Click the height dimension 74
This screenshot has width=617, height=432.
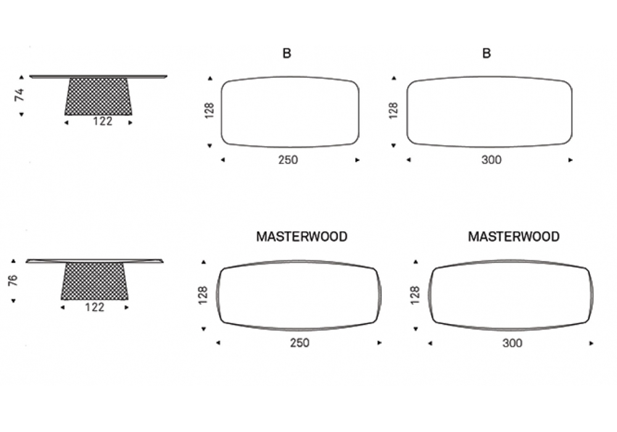click(20, 95)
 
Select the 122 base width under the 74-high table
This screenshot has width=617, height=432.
click(102, 122)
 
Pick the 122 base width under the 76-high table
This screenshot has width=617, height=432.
click(94, 307)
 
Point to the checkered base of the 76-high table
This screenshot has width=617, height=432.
click(94, 281)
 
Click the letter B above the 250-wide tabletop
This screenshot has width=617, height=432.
click(287, 54)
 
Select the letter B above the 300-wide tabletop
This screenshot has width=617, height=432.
click(486, 54)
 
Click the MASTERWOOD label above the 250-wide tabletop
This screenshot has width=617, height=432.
click(301, 236)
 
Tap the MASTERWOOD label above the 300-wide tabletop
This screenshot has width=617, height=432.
click(513, 236)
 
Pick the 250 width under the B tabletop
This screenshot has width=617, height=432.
click(288, 160)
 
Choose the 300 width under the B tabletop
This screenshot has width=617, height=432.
click(491, 160)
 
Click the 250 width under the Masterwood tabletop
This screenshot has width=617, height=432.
click(300, 343)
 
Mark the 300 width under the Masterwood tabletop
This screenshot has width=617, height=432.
click(512, 343)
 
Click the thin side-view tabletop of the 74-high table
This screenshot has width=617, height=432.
click(98, 77)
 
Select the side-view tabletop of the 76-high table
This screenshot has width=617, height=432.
click(94, 260)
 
